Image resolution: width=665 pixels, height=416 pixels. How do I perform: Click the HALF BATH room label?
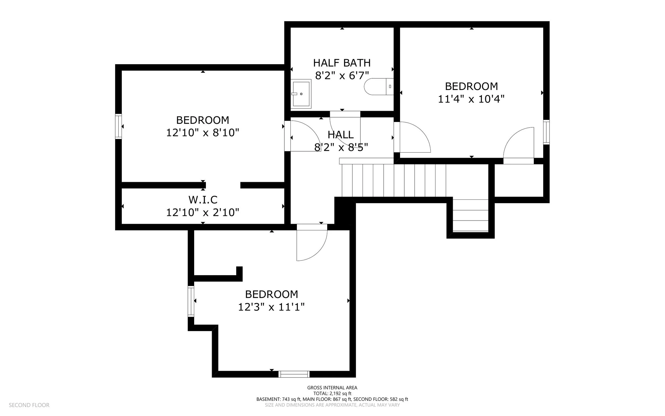pos(342,63)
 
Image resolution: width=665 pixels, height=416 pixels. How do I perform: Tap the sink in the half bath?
pos(301,94)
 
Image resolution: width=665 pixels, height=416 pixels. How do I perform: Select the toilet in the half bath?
pos(379,86)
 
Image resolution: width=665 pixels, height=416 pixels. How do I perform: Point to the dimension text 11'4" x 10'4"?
pos(471,99)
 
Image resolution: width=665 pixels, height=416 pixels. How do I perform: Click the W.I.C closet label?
pos(203,199)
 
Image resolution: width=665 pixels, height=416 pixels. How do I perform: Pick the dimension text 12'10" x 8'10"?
pos(203,133)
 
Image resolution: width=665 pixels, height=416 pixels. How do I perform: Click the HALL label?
pos(341,135)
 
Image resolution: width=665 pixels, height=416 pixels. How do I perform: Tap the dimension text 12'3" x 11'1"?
pos(272,307)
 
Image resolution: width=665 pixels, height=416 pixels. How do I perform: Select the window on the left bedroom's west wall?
pos(118,126)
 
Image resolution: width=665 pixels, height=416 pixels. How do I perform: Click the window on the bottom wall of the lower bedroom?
pos(294,374)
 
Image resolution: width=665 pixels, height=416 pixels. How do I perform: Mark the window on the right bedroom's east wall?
pos(546,132)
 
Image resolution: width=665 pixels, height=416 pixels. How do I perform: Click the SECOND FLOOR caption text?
pos(29,405)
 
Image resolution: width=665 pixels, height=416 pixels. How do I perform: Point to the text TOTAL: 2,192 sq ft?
pos(332,393)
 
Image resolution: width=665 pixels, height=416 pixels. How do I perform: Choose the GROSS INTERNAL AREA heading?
pos(332,388)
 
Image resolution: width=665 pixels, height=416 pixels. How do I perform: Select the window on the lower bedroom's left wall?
pos(191,301)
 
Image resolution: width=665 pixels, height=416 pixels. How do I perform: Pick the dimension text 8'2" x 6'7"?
pos(342,75)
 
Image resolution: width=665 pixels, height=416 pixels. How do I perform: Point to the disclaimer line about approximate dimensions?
pos(332,405)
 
